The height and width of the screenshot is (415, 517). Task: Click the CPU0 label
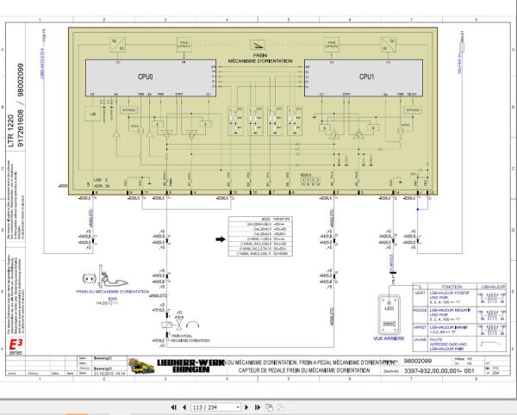tap(145, 76)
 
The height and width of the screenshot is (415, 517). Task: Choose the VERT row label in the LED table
tap(420, 294)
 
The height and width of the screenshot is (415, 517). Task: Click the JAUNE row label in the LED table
tap(420, 340)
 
